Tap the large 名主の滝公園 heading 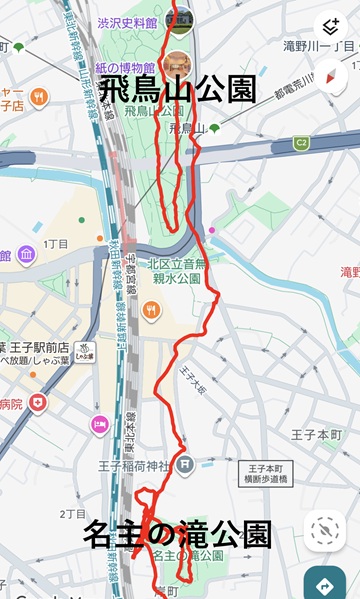177,533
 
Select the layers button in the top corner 330,26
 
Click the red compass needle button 330,74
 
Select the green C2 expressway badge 301,144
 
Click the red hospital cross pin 38,403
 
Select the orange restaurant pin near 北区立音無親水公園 151,310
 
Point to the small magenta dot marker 211,230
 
